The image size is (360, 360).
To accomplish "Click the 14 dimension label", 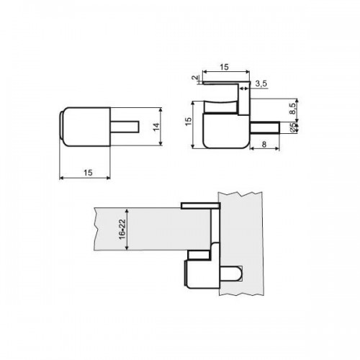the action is (156, 127).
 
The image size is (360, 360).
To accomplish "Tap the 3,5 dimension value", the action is (261, 84).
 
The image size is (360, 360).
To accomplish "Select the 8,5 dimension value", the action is (292, 109).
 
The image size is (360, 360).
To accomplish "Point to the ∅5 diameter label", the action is (293, 127).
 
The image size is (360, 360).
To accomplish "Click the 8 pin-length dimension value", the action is (264, 144).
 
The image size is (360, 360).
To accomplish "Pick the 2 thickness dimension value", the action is (196, 78).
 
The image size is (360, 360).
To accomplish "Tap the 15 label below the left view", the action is (88, 173).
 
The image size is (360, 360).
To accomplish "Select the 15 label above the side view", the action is (224, 67).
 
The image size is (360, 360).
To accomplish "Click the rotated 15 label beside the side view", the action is (189, 121).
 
